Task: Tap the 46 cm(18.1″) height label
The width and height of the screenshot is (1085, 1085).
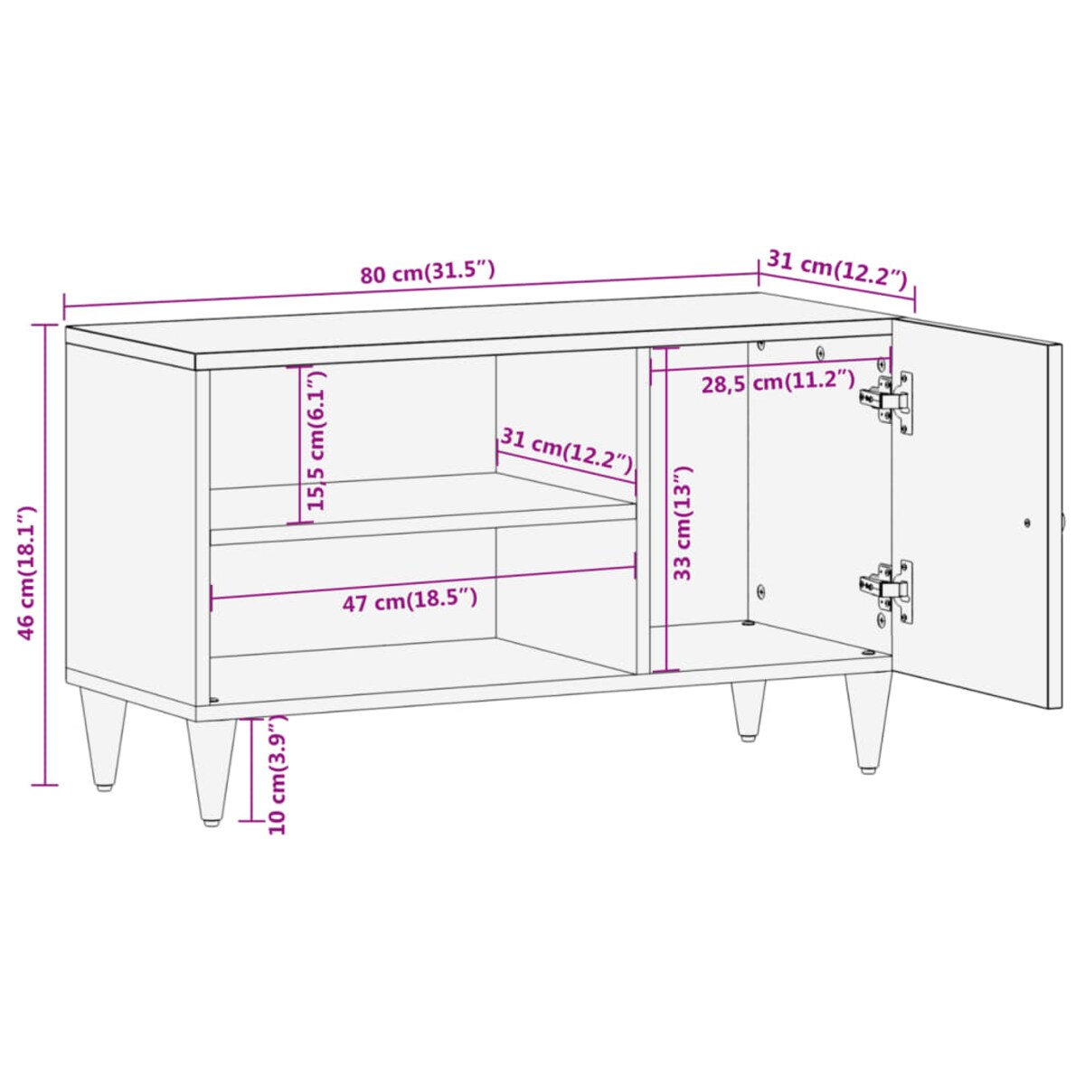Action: [27, 572]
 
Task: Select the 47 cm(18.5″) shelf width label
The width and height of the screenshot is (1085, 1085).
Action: [410, 600]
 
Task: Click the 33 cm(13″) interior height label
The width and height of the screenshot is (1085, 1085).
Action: [684, 523]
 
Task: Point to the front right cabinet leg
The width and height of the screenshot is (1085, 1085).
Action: [867, 723]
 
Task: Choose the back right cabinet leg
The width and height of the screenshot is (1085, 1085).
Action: [748, 710]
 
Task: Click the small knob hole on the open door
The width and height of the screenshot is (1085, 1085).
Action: [1026, 522]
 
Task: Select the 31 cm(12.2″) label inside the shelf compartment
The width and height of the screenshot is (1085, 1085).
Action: [567, 452]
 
